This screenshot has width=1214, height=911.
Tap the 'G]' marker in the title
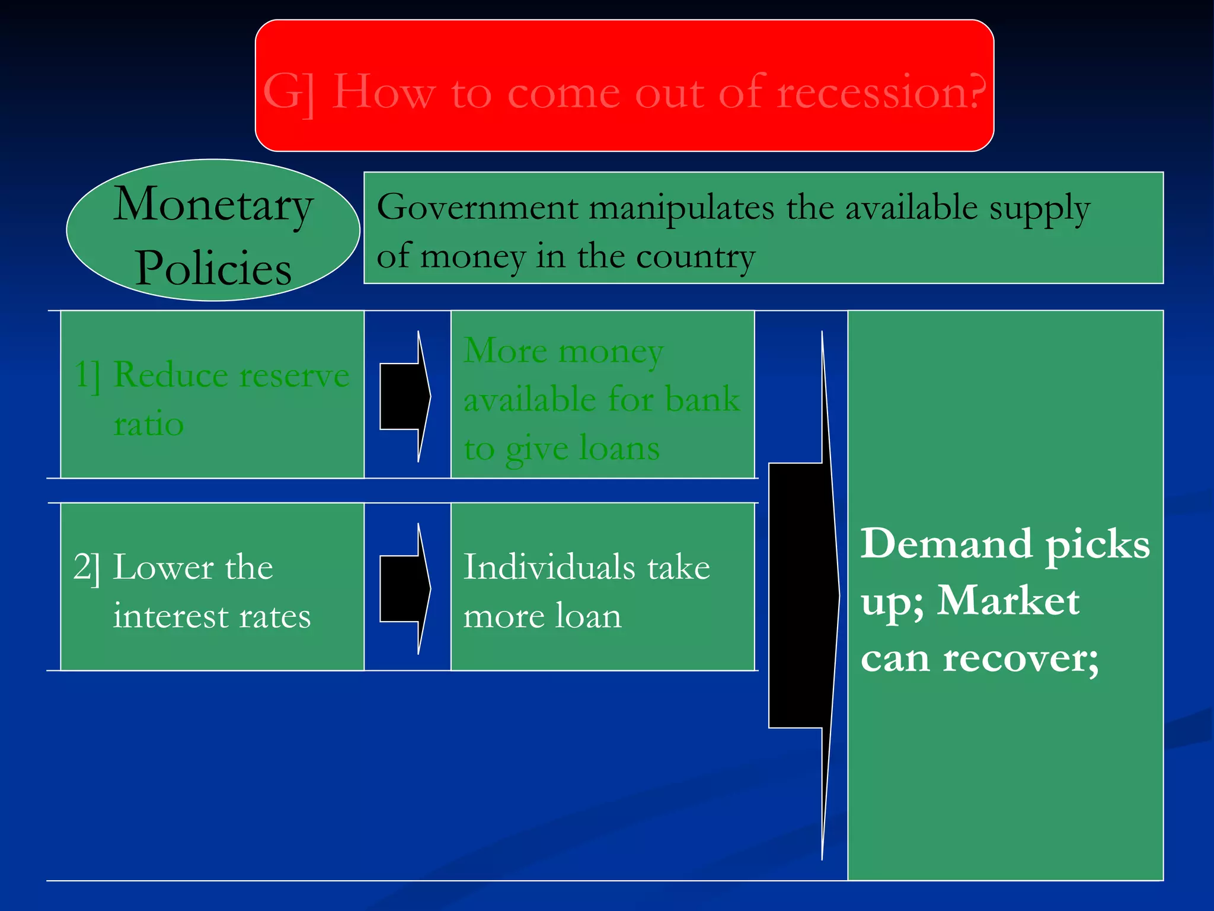(x=289, y=93)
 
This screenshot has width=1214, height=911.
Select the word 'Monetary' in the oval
(x=213, y=205)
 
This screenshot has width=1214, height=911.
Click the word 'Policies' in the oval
(x=213, y=268)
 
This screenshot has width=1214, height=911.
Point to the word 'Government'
(x=477, y=208)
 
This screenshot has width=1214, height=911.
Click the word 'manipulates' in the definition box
(x=682, y=208)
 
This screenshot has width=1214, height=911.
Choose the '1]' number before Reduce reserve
(x=88, y=376)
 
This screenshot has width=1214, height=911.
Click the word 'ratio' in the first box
(x=148, y=425)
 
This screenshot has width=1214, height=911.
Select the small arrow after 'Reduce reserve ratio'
(x=405, y=396)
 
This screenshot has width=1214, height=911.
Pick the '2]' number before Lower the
(x=87, y=568)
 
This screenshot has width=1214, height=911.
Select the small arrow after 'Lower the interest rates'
(x=405, y=588)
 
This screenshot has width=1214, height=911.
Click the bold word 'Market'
(x=1008, y=601)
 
